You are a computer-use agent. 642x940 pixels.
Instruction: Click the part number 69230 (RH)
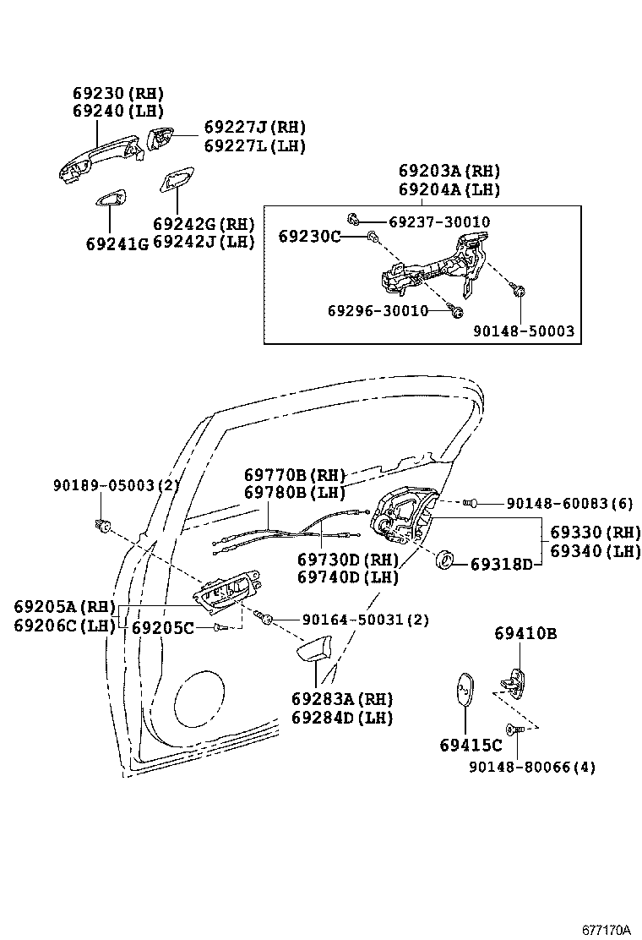click(x=117, y=93)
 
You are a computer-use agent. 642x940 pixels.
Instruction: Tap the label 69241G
click(x=117, y=243)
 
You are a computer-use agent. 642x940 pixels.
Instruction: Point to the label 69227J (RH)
click(x=254, y=128)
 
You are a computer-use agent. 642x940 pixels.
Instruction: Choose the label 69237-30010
click(x=439, y=222)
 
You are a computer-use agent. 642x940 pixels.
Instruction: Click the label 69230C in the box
click(x=309, y=237)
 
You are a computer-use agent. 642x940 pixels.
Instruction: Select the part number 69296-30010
click(x=378, y=311)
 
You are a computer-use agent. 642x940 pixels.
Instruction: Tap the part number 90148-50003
click(x=523, y=331)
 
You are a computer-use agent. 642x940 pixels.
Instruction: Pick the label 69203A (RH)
click(x=449, y=169)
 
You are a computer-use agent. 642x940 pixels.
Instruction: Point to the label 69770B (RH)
click(x=291, y=474)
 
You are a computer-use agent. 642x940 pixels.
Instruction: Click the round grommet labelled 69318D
click(x=443, y=560)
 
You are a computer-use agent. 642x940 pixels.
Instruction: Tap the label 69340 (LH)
click(x=596, y=551)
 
